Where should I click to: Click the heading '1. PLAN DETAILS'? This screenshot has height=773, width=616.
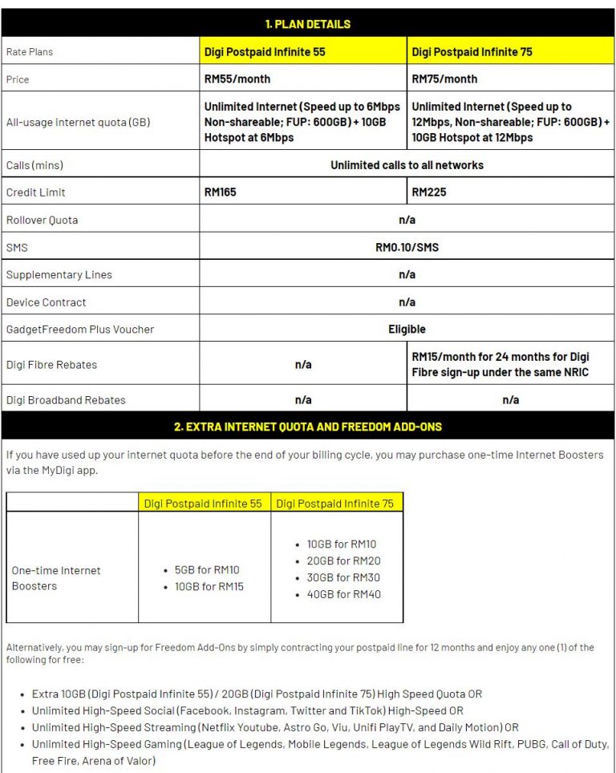[307, 24]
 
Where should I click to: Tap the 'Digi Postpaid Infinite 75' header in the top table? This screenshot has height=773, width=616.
[471, 51]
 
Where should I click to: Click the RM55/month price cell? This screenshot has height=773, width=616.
[237, 79]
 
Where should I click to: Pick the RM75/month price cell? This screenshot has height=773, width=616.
[444, 79]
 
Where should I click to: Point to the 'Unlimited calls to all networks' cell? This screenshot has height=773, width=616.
[407, 165]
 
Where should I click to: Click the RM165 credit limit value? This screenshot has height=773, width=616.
[221, 192]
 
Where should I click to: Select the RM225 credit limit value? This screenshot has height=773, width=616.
[428, 192]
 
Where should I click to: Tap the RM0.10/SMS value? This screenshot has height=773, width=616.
[407, 247]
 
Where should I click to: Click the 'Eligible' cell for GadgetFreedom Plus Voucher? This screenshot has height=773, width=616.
[407, 329]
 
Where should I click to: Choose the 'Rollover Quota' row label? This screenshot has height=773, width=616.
[42, 220]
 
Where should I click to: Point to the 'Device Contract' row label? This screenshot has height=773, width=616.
[46, 302]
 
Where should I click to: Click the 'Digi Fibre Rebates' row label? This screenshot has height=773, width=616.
[51, 365]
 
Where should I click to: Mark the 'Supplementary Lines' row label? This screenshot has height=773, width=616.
[59, 274]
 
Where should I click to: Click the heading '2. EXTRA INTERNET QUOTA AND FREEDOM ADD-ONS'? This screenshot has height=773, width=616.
[307, 427]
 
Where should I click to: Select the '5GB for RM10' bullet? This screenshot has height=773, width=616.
[207, 570]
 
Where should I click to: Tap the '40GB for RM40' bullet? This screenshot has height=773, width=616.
[343, 594]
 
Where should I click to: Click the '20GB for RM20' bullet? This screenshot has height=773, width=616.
[343, 561]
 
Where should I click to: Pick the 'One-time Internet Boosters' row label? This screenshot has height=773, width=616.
[56, 578]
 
